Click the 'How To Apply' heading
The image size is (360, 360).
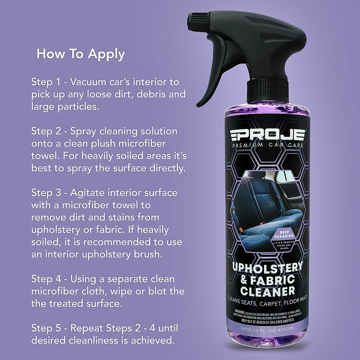pyautogui.click(x=80, y=54)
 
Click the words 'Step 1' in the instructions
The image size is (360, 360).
pyautogui.click(x=46, y=82)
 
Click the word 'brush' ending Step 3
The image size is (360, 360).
pyautogui.click(x=150, y=254)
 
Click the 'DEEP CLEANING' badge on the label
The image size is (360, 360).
pyautogui.click(x=282, y=234)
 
